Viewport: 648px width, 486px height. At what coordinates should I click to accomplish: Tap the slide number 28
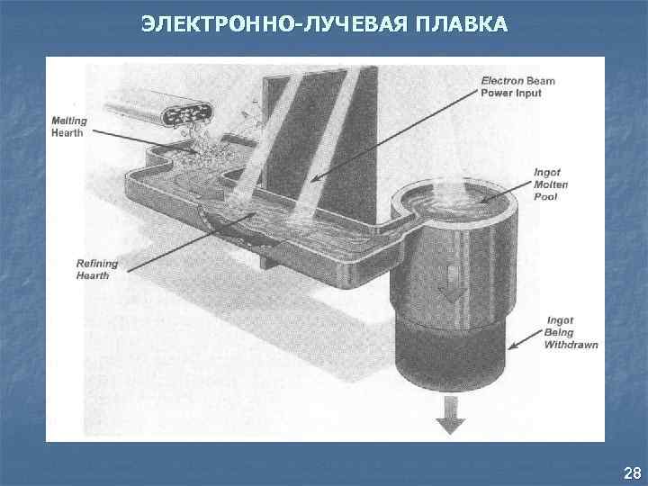tap(631, 473)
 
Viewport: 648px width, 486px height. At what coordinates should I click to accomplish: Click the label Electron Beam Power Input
tap(517, 85)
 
